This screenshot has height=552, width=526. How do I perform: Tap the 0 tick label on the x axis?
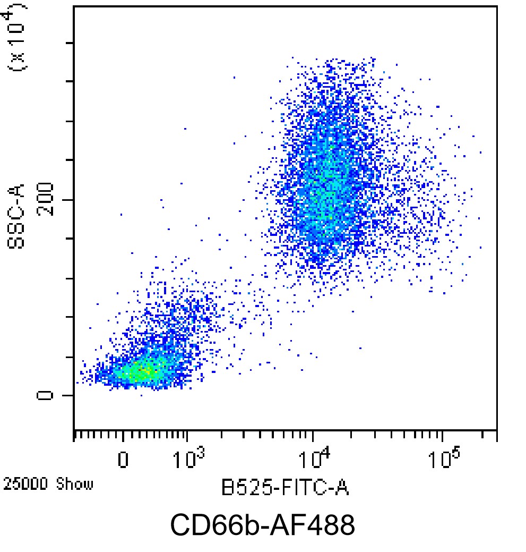click(123, 460)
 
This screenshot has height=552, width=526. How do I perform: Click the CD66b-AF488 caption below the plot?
click(262, 525)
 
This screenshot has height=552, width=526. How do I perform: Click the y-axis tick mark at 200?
click(68, 200)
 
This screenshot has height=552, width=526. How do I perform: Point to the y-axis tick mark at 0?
click(68, 395)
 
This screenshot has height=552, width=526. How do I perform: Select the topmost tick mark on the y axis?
click(68, 43)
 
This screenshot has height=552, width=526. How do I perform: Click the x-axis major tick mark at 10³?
click(187, 436)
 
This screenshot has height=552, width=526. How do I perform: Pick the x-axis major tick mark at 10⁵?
click(442, 436)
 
